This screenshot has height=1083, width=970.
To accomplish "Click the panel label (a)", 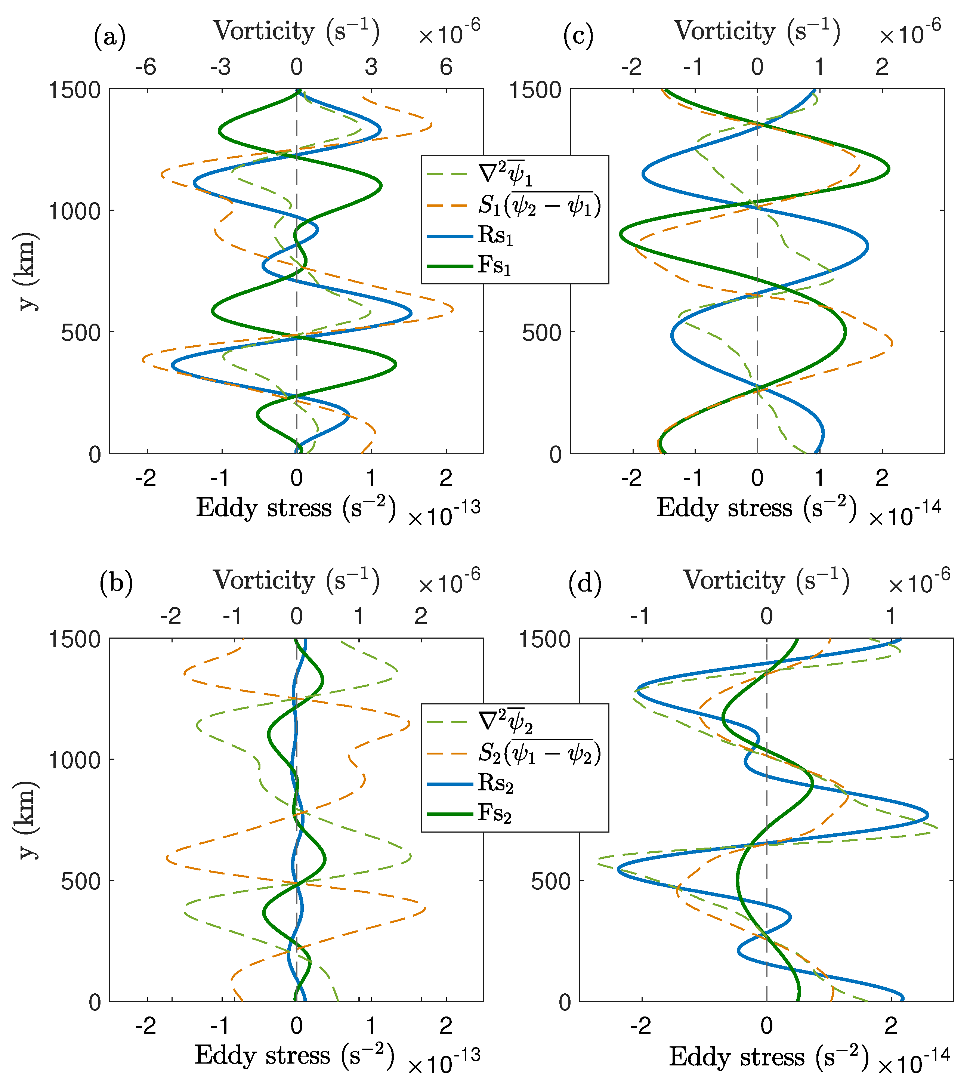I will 110,38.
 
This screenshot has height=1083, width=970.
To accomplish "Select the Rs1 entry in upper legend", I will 495,235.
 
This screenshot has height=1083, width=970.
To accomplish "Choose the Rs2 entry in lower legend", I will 495,783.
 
